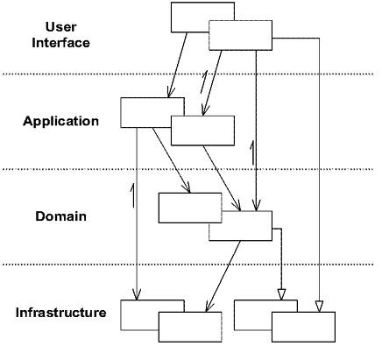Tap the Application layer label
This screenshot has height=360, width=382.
point(60,121)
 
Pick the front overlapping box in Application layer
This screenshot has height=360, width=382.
point(203,130)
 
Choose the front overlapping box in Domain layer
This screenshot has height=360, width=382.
point(240,225)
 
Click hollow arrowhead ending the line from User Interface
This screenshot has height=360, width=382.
point(319,305)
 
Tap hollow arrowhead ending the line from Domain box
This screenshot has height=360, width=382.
point(281,295)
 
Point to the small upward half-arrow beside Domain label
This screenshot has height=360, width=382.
point(131,194)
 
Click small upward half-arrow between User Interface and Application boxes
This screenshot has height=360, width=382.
point(204,84)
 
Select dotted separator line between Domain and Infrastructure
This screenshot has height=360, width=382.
point(191,265)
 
